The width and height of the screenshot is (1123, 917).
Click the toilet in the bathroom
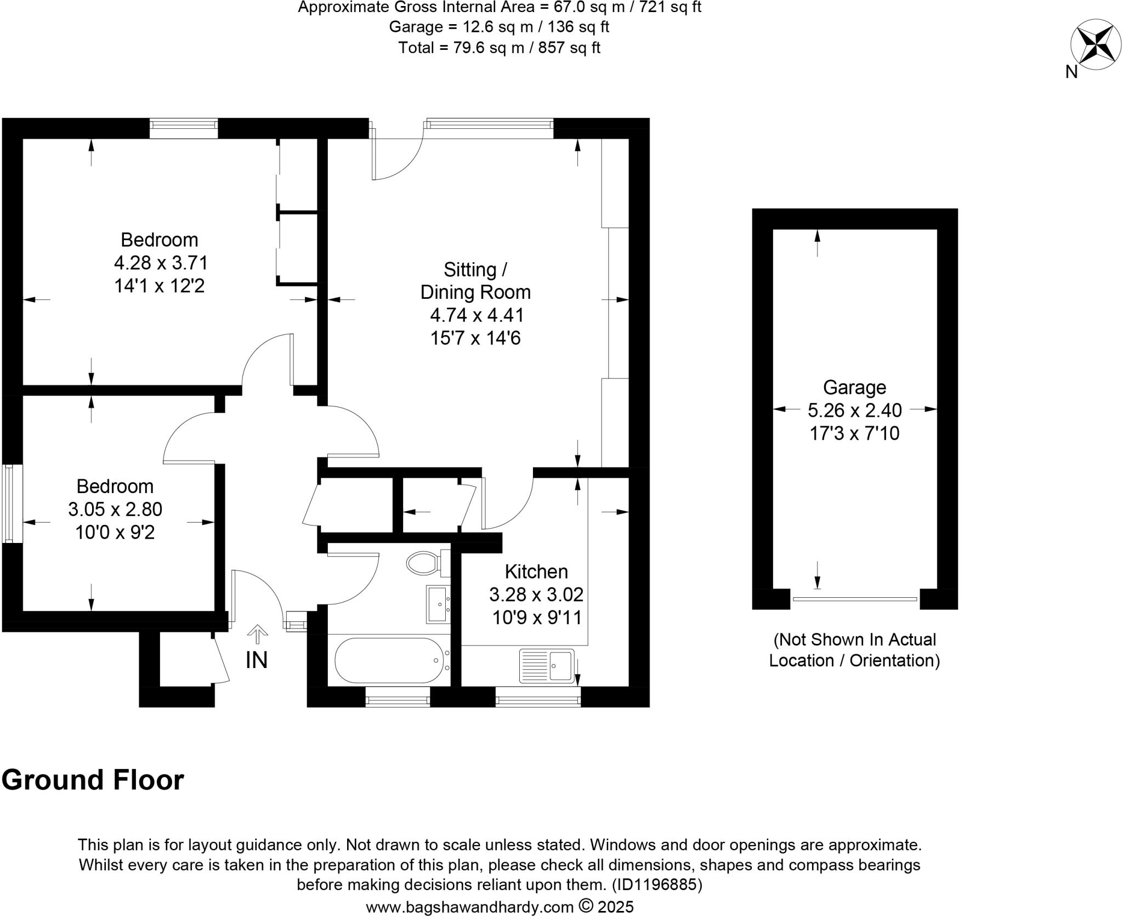point(423,563)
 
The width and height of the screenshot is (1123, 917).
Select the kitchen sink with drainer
point(547,665)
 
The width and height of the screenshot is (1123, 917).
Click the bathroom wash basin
point(438,604)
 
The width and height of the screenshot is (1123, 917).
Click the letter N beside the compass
point(1071,72)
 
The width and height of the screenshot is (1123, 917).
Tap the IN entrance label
point(256,661)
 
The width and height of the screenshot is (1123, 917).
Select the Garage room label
point(854,388)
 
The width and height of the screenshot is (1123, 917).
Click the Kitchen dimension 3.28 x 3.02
point(536,595)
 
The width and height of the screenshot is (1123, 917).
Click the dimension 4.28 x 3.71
point(161,263)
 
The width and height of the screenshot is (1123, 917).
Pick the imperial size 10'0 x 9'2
point(115,533)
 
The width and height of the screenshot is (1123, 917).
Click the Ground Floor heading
point(93,780)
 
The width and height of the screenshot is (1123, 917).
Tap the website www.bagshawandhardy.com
point(469,907)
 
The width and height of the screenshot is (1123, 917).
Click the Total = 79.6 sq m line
point(499,48)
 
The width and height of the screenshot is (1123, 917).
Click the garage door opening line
point(854,599)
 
